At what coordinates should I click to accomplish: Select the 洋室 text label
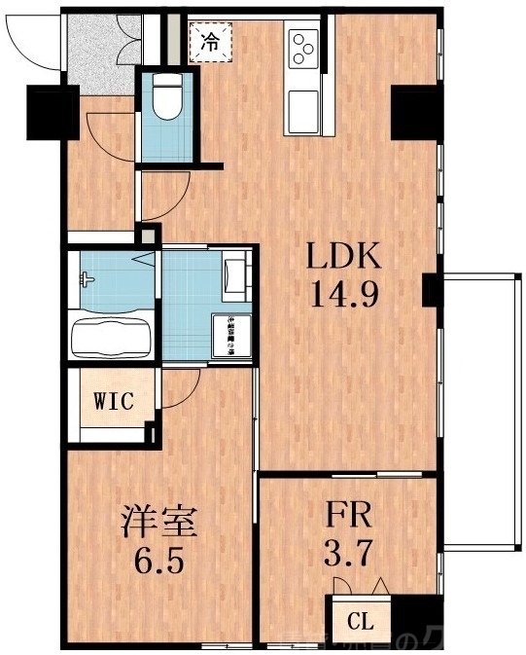(159, 524)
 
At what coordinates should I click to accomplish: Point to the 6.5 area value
(159, 562)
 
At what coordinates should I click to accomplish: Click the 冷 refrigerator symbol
(209, 41)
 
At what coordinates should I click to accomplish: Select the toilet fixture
(165, 97)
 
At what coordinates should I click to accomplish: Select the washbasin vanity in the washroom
(234, 276)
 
